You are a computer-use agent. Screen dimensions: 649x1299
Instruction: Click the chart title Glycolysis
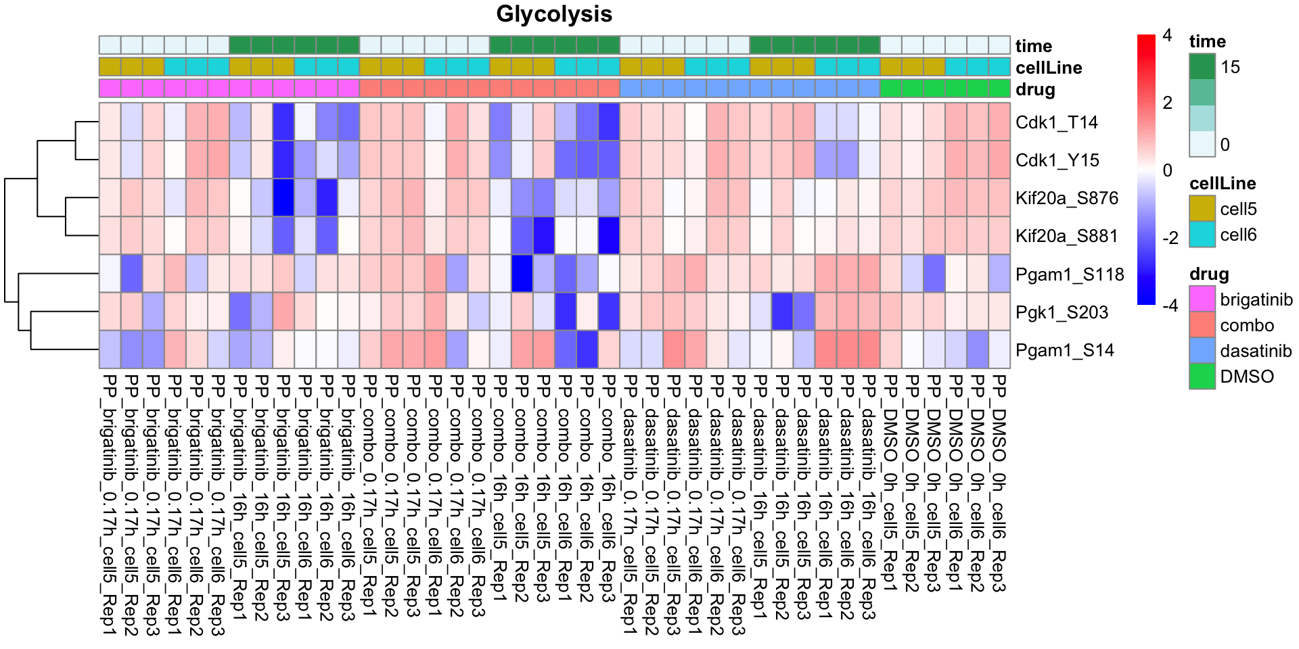(554, 14)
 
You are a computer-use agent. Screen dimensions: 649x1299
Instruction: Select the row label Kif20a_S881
(1066, 236)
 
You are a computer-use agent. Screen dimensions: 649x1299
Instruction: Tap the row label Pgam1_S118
(1069, 274)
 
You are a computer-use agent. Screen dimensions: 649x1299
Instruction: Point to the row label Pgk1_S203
(1062, 312)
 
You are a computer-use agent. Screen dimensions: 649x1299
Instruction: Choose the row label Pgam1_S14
(1064, 350)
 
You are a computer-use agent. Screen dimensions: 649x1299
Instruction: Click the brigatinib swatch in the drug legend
(1202, 299)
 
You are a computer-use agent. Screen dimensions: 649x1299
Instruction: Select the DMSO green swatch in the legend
(1202, 376)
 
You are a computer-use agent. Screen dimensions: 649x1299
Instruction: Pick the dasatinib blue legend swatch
(1202, 350)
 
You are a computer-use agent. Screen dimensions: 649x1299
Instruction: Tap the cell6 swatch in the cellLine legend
(1202, 235)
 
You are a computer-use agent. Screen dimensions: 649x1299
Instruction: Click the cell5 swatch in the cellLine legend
(1202, 209)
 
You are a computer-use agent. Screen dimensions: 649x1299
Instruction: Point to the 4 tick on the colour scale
(1167, 36)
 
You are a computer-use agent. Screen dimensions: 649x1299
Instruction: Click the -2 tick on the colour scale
(1170, 238)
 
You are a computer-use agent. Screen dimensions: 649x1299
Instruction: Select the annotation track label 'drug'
(1035, 89)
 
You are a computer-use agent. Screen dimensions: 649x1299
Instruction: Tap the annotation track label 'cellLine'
(1049, 68)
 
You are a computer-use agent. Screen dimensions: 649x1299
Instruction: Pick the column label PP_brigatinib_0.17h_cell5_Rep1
(110, 504)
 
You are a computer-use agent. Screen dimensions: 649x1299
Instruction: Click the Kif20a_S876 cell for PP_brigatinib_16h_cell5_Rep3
(283, 197)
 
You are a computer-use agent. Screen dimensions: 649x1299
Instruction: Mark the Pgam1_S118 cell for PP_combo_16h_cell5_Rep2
(522, 274)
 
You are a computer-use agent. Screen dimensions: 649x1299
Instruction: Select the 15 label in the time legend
(1230, 67)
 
